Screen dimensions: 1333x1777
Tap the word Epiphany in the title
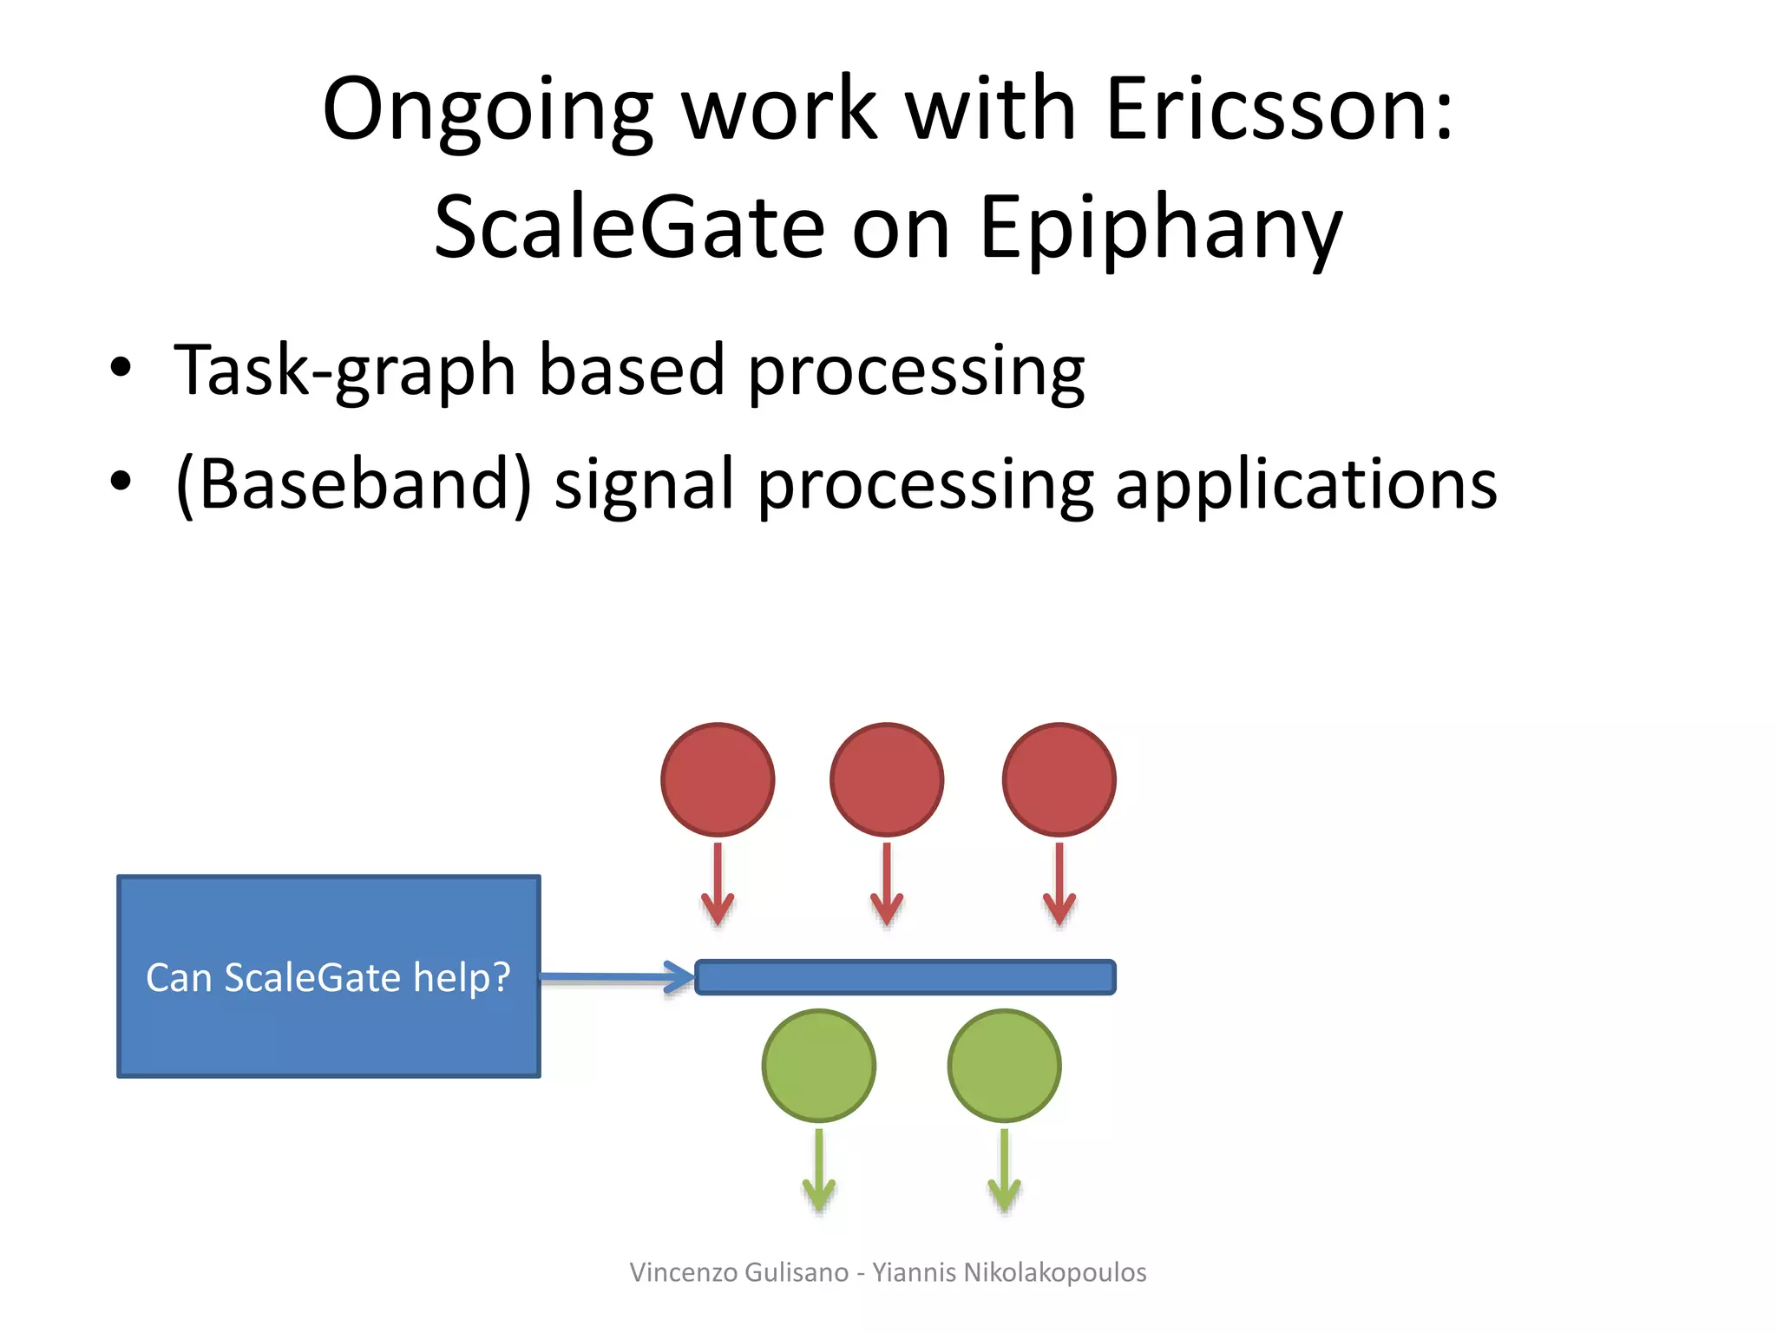1160,227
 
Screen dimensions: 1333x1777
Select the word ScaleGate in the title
628,227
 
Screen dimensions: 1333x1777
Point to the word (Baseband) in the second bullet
353,484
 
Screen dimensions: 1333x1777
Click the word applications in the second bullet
1306,484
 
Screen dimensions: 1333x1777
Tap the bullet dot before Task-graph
121,368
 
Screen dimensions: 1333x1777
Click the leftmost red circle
718,779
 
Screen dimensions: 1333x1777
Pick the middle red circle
887,779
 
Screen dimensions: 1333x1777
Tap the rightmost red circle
1059,779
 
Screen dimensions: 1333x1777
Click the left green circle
819,1066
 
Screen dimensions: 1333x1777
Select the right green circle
1005,1066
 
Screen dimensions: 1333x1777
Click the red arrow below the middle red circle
887,885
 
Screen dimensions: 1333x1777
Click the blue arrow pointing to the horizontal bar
616,977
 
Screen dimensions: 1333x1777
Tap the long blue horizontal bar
905,977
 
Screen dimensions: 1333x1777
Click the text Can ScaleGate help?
328,977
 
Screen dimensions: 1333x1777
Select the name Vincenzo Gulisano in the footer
739,1272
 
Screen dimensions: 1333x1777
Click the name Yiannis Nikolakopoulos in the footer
1009,1272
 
